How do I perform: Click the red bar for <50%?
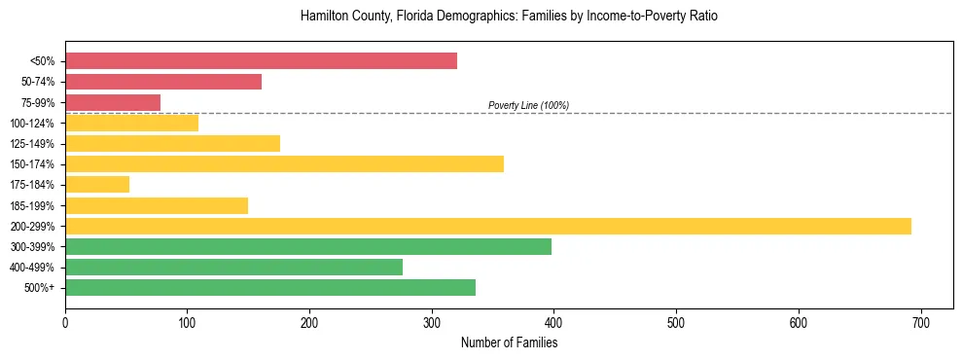tap(261, 61)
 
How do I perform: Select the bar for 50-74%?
tap(163, 82)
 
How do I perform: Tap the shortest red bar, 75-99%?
tap(113, 102)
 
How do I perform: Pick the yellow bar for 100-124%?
tap(131, 123)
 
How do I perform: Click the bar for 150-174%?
tap(284, 163)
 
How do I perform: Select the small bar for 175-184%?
tap(97, 184)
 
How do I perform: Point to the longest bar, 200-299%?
tap(488, 226)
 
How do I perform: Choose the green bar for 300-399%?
tap(308, 246)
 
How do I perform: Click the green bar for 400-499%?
tap(233, 267)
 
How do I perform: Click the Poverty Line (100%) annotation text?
tap(528, 105)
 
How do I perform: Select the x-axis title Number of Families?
tap(509, 342)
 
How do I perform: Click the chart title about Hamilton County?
tap(509, 17)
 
